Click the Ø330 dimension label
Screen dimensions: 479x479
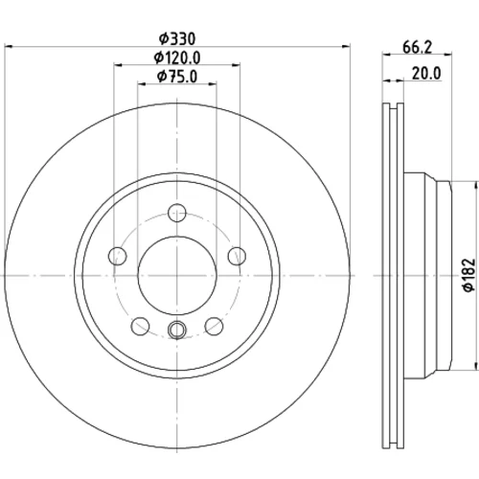[177, 39]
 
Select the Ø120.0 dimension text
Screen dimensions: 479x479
[177, 57]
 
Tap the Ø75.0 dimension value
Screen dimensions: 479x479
[177, 77]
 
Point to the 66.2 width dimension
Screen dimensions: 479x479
[417, 48]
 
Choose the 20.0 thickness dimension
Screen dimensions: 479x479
[426, 74]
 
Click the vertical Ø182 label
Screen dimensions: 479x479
[469, 275]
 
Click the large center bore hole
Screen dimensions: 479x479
[177, 275]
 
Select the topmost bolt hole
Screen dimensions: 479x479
[177, 213]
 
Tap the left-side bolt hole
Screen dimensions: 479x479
[118, 256]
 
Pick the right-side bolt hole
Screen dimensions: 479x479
[237, 256]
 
